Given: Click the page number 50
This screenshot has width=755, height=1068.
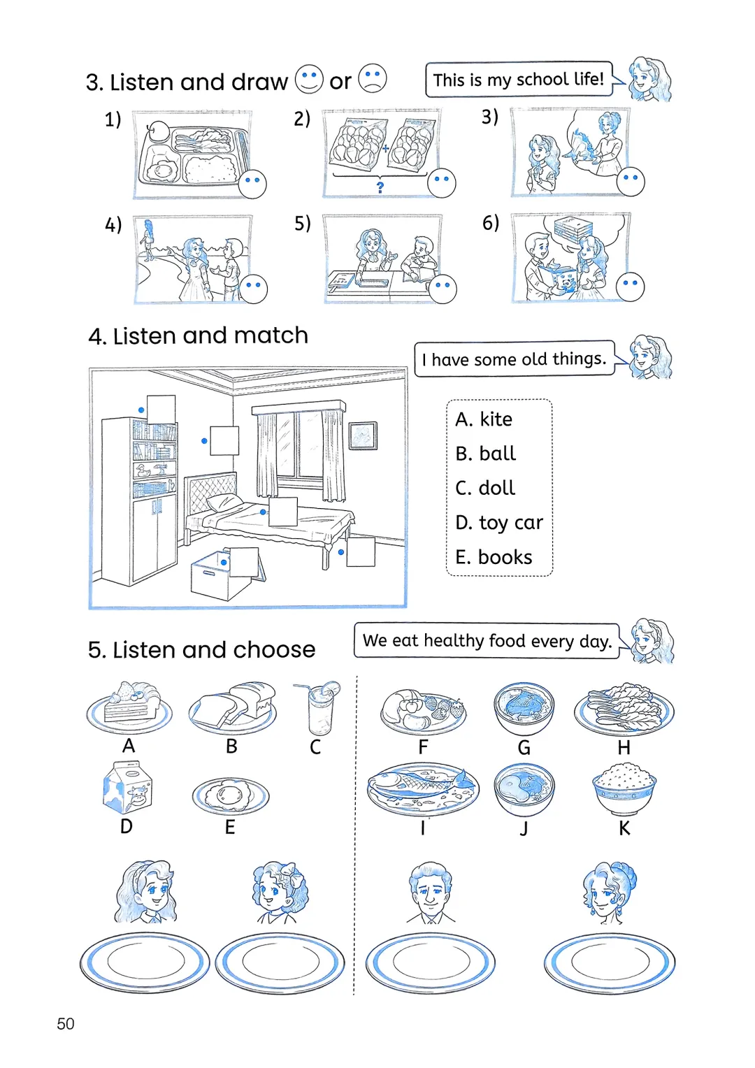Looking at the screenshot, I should point(65,1023).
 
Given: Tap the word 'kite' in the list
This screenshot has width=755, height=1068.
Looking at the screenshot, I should point(496,419).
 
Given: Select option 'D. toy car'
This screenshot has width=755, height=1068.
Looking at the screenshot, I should point(498,523).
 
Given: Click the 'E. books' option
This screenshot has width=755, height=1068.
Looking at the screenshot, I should point(494,557).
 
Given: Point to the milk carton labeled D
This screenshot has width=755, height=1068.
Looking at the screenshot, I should point(127,788).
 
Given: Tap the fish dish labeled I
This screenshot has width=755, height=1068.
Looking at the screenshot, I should point(423,787).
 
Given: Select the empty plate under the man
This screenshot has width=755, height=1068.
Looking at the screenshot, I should point(430,963).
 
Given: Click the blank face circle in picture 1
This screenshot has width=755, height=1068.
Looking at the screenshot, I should point(252,184).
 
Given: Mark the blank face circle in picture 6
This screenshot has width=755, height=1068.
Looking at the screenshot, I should point(630,287).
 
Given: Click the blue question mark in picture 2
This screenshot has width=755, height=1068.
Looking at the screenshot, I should point(380,187).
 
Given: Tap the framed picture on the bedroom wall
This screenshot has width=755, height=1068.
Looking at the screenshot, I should point(362,435).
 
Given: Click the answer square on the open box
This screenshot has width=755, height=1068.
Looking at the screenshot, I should point(244,561).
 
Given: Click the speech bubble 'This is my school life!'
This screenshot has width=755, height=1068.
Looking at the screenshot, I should point(518,80).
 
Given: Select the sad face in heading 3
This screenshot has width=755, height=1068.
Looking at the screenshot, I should point(373,78).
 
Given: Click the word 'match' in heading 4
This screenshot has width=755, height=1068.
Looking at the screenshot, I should point(271,335).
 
